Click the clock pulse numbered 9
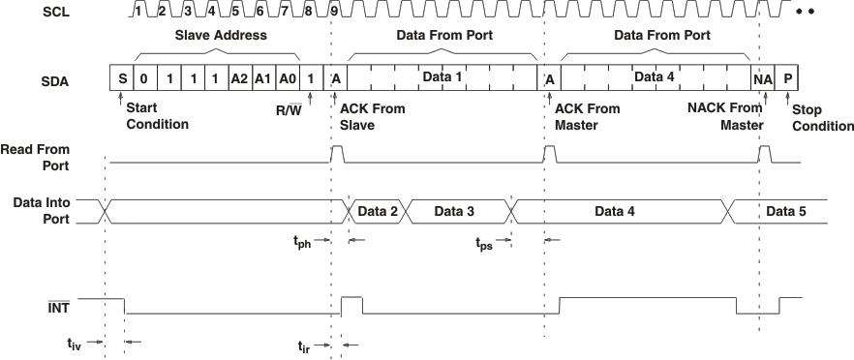tap(334, 11)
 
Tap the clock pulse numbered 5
tap(236, 11)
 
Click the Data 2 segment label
tap(379, 210)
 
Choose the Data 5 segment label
tap(785, 210)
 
